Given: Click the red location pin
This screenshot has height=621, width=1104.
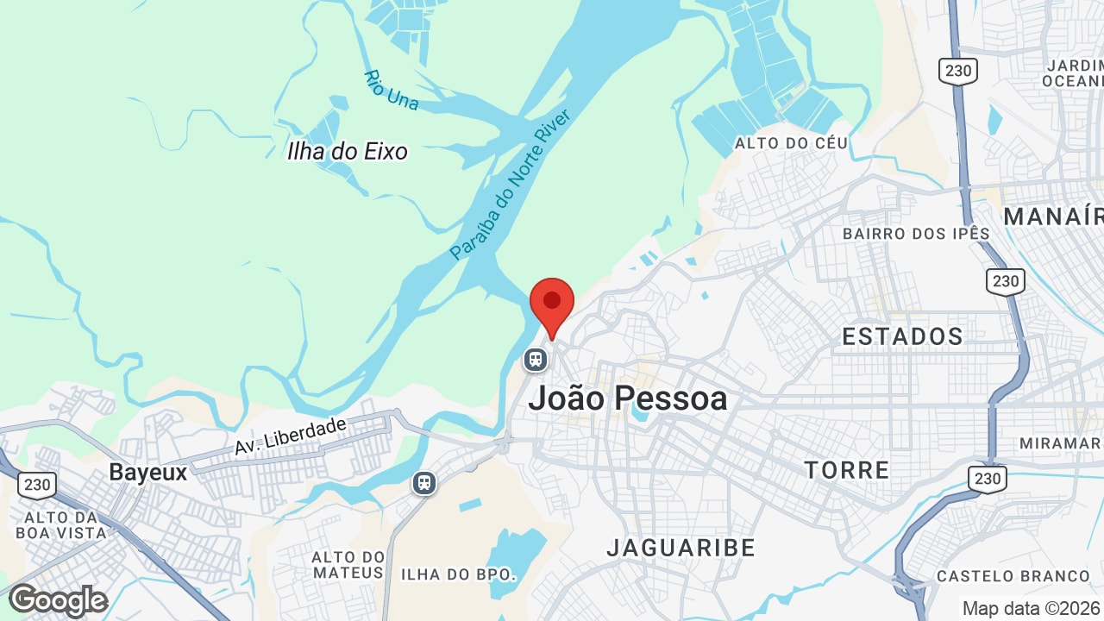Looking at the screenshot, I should (x=552, y=304).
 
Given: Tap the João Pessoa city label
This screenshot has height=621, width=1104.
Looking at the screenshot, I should (x=628, y=398).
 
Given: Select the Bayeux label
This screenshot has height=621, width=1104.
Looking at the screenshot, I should (x=148, y=473).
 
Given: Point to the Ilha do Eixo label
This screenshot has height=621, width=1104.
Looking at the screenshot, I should (x=347, y=152).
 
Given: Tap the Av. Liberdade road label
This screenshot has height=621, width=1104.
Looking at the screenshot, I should (x=290, y=436).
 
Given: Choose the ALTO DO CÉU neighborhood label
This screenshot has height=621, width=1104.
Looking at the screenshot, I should (x=791, y=143).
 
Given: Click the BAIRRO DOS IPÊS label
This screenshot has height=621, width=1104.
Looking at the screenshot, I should (x=916, y=234).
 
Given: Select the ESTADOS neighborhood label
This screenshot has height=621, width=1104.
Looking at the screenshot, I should (x=902, y=336).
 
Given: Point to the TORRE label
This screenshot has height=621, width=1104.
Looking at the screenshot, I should (x=846, y=470).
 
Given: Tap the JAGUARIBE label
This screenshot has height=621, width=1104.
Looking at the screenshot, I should (x=681, y=548).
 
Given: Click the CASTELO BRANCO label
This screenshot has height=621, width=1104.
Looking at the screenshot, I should (x=1013, y=576).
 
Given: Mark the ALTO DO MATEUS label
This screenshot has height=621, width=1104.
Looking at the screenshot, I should (x=348, y=565).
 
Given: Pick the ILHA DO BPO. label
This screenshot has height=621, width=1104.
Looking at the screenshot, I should (x=458, y=574).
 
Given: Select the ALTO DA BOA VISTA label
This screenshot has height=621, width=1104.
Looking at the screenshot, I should (x=60, y=524).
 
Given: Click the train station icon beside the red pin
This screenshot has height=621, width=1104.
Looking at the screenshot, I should (x=536, y=358).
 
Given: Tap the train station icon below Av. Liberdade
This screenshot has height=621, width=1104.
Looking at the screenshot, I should (x=423, y=482).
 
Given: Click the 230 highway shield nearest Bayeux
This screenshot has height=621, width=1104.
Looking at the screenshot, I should (x=37, y=485).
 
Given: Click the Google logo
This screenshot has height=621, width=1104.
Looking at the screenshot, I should (x=59, y=600).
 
